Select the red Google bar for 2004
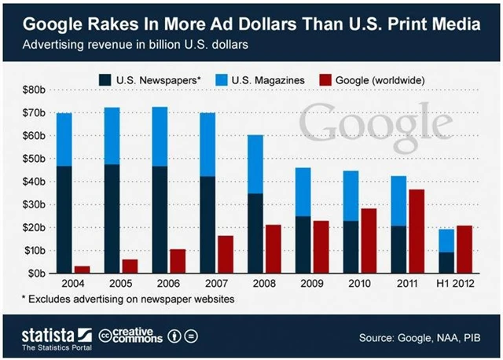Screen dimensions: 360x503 click(82, 270)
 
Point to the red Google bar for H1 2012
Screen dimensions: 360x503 click(464, 249)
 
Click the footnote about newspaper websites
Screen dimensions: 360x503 click(134, 299)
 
